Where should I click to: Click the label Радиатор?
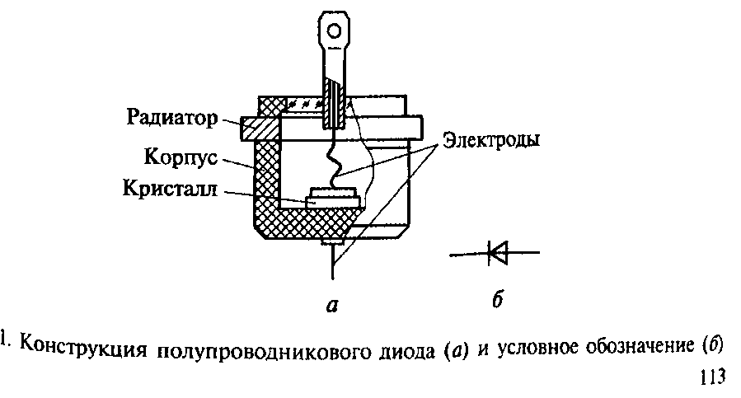pyautogui.click(x=171, y=118)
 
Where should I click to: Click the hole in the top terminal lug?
pyautogui.click(x=333, y=32)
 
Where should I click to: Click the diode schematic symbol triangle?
pyautogui.click(x=498, y=253)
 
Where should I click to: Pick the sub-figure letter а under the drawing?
pyautogui.click(x=332, y=306)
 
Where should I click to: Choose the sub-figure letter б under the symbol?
pyautogui.click(x=496, y=300)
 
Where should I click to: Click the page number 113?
pyautogui.click(x=711, y=378)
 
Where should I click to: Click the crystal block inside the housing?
pyautogui.click(x=333, y=198)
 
